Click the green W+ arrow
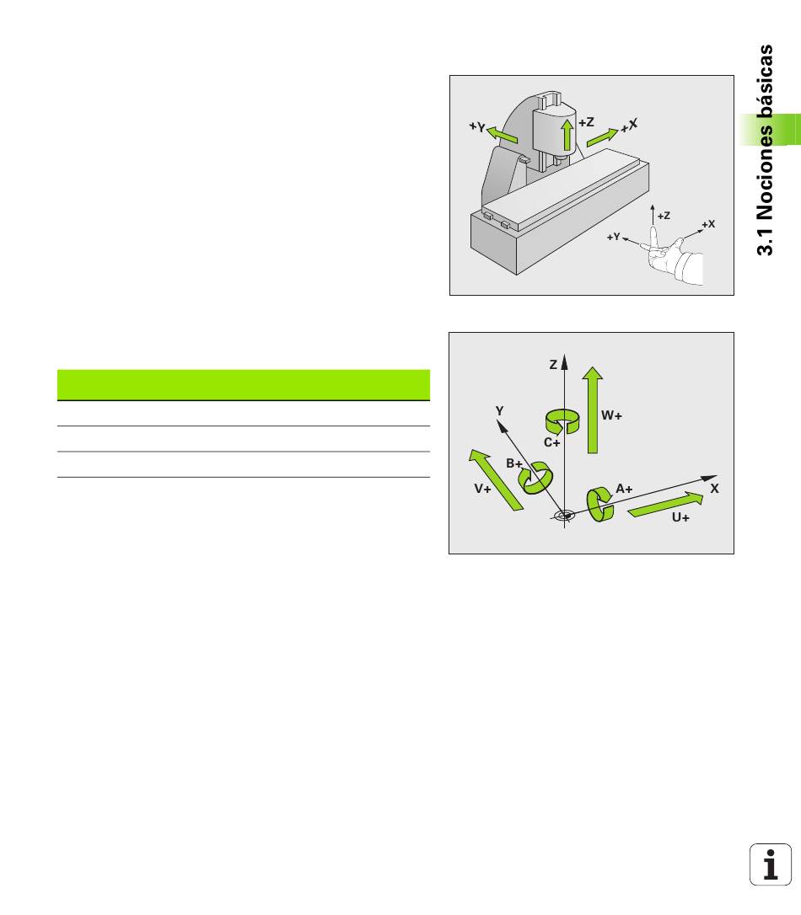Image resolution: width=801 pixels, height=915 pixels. click(x=593, y=409)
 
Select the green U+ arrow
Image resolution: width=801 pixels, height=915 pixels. click(x=665, y=506)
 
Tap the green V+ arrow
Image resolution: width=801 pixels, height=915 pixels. click(x=496, y=479)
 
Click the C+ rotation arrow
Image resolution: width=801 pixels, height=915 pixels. click(x=562, y=421)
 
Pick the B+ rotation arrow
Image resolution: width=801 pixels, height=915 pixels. click(x=535, y=478)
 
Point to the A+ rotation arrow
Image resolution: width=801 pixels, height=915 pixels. click(x=599, y=504)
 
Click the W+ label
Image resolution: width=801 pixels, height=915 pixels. click(x=611, y=415)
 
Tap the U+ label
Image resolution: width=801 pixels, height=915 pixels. click(x=680, y=517)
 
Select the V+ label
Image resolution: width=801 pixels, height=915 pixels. click(x=482, y=489)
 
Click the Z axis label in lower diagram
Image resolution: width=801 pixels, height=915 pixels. click(x=553, y=365)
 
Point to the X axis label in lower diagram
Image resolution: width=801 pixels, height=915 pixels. click(x=715, y=489)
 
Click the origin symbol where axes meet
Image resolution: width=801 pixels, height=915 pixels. click(x=564, y=516)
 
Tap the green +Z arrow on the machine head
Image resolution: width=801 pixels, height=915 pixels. click(x=567, y=136)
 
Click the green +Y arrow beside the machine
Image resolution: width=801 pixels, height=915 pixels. click(x=502, y=134)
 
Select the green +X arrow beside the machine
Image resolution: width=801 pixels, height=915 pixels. click(x=602, y=137)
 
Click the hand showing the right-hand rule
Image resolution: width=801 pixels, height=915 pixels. click(x=675, y=257)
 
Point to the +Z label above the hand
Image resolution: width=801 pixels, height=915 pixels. click(x=664, y=216)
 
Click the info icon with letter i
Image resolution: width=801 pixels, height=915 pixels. click(x=771, y=864)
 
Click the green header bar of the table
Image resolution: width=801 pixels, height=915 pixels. click(x=244, y=384)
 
